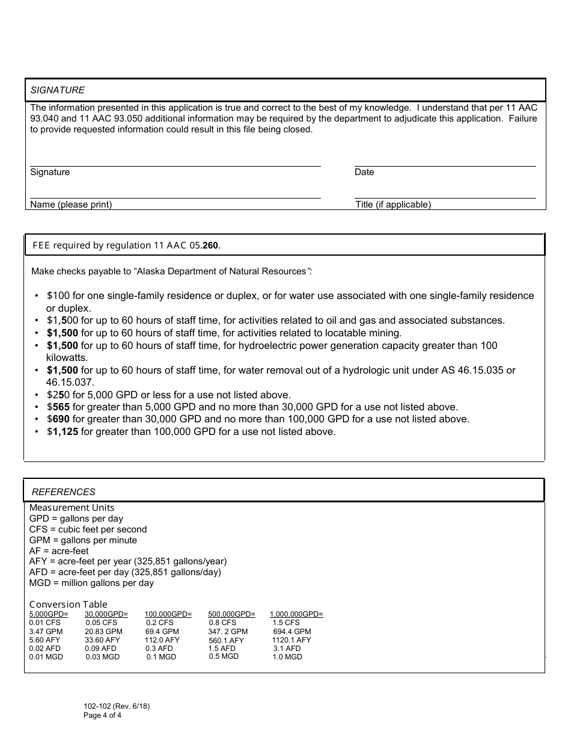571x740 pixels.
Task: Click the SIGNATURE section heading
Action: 58,90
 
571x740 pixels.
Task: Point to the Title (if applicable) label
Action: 393,205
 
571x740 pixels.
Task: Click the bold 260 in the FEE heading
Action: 210,245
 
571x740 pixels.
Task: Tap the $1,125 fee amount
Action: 63,431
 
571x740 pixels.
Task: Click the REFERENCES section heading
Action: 63,492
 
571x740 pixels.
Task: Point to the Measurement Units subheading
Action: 72,508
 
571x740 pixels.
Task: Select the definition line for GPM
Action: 83,540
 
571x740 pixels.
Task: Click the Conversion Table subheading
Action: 68,605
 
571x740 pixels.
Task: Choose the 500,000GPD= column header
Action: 231,614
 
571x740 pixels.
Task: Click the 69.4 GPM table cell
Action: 162,632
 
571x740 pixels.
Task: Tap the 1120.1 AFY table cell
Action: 292,640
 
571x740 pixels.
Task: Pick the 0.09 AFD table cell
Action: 100,649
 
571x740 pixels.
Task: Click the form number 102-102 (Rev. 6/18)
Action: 117,706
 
